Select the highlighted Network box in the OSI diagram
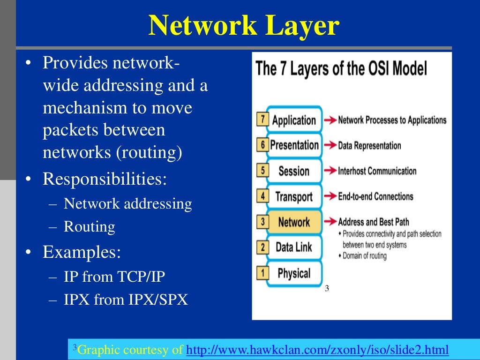(294, 222)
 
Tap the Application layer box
(294, 120)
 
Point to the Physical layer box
(294, 273)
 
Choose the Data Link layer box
(294, 247)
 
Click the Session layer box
(294, 171)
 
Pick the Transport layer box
(294, 197)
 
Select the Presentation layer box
(294, 145)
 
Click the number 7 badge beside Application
(262, 120)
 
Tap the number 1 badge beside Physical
(262, 272)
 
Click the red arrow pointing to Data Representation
(330, 146)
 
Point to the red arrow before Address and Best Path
(330, 222)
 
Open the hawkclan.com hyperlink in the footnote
(317, 350)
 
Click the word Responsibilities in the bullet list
(105, 179)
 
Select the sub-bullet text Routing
(89, 227)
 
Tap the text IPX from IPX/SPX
(126, 300)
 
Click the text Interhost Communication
(377, 171)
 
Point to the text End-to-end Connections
(375, 196)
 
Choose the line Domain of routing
(364, 256)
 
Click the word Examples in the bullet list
(82, 252)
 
